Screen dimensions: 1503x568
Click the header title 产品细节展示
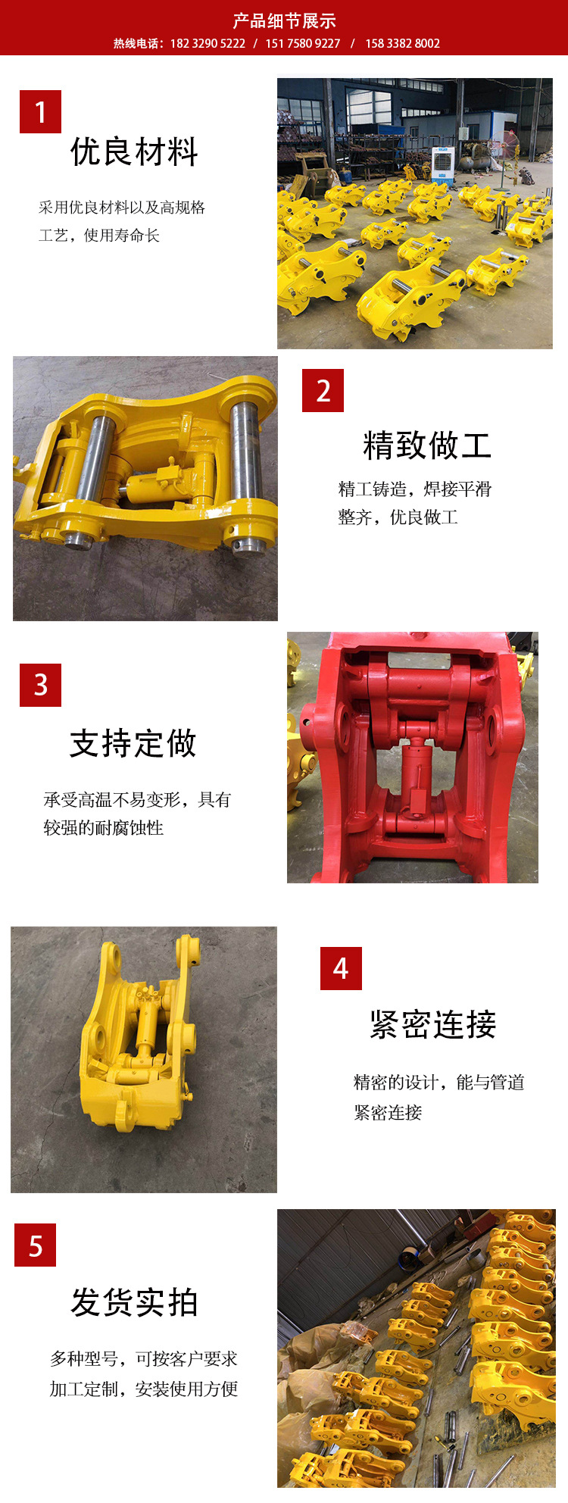(x=284, y=20)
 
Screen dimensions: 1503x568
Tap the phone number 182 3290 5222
(x=208, y=44)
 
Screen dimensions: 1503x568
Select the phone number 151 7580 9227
(x=302, y=44)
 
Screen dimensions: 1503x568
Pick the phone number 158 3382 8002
(x=402, y=44)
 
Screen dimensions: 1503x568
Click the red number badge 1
(x=40, y=112)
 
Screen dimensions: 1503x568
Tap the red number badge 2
(x=323, y=391)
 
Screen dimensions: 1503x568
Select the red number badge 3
(x=40, y=685)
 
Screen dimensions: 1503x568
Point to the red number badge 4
(x=341, y=968)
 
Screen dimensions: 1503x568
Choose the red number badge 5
(x=35, y=1245)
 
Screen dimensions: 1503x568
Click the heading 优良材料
(x=134, y=152)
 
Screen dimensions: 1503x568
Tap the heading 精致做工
(x=427, y=445)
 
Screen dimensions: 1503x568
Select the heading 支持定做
(x=133, y=743)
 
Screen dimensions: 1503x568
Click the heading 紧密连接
(x=432, y=1025)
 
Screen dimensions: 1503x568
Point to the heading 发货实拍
(x=134, y=1302)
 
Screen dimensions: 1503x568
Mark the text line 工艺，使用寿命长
(x=99, y=236)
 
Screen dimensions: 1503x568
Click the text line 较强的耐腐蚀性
(x=104, y=828)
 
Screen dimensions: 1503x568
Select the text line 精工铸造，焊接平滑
(x=414, y=489)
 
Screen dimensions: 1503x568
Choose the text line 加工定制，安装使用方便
(x=144, y=1389)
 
